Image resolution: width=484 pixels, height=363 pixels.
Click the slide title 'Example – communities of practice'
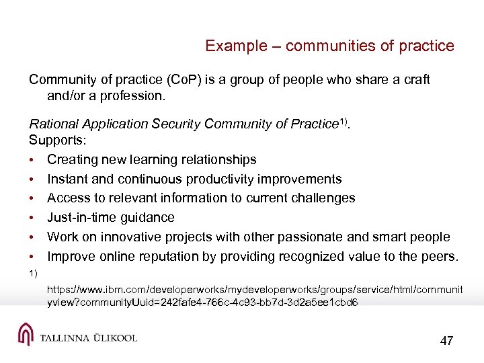click(x=329, y=46)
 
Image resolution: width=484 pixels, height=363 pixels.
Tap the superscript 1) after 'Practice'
click(x=346, y=121)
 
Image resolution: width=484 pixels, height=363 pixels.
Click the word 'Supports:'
click(x=56, y=140)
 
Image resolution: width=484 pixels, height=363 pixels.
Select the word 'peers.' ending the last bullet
click(x=440, y=256)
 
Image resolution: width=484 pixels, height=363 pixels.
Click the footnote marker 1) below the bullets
click(x=33, y=273)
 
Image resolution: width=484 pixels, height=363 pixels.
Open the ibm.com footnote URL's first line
click(x=255, y=289)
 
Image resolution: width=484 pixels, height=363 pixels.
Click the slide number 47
click(x=446, y=341)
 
